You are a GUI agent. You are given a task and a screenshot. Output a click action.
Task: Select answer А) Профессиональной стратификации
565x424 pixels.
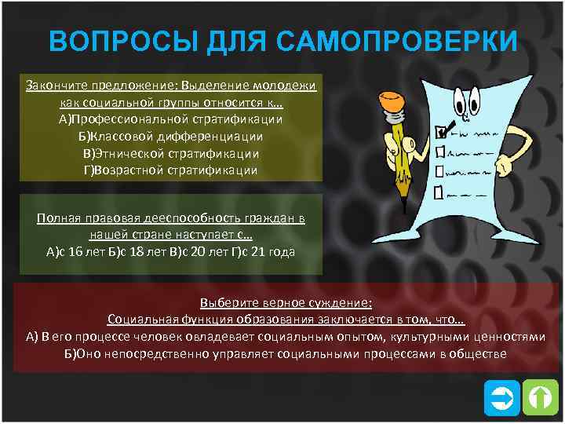[170, 119]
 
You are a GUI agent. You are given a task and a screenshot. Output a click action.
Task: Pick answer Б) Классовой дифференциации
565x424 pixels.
[170, 136]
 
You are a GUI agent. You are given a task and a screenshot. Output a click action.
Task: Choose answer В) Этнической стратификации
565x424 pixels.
[170, 152]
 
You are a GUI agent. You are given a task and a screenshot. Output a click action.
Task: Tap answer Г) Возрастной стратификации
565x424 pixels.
[170, 170]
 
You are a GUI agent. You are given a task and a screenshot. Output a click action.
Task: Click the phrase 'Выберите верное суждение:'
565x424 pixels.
[286, 303]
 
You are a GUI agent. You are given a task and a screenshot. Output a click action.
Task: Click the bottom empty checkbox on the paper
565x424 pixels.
[438, 192]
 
